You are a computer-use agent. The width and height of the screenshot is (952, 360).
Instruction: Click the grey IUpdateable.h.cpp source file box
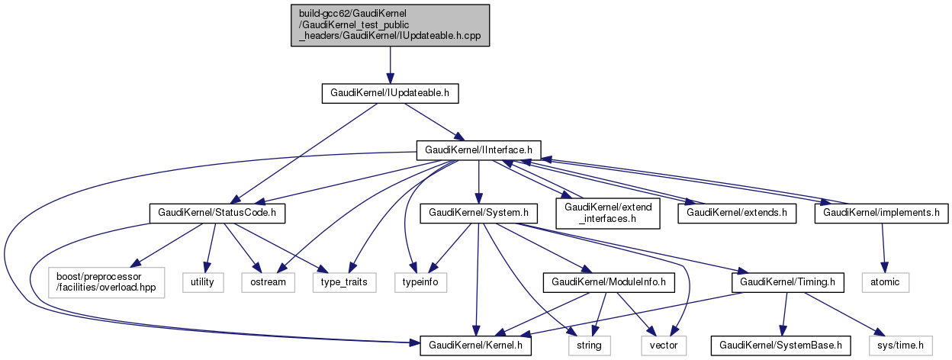390,25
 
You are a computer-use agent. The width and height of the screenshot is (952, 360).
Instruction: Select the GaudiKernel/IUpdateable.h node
390,94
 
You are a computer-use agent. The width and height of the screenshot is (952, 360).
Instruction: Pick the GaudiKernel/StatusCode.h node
217,213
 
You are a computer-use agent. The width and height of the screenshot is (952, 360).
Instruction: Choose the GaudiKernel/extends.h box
737,213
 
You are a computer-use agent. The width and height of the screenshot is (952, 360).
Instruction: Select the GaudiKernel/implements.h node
882,213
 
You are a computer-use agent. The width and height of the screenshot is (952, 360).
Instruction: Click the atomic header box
885,281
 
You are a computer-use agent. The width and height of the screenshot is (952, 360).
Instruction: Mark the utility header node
203,281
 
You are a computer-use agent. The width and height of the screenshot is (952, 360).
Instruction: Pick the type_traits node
344,281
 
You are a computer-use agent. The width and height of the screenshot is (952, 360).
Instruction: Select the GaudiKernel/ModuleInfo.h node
605,281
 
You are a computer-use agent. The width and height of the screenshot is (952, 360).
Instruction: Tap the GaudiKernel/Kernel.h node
478,346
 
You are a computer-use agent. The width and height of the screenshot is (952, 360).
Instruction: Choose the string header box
589,346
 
